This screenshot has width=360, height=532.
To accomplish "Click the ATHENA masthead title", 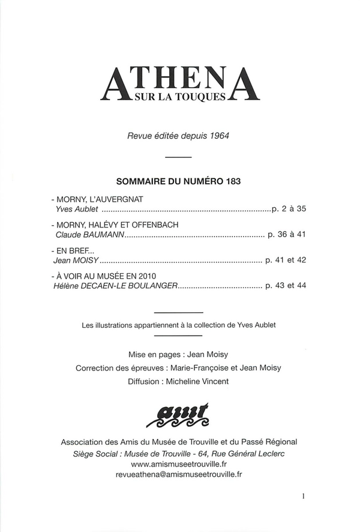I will (179, 83).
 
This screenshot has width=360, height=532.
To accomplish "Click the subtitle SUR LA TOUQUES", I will (179, 95).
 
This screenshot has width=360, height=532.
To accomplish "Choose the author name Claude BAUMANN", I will (89, 235).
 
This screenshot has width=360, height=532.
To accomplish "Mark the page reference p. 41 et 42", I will (286, 261).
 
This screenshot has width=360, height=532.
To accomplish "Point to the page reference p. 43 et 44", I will (286, 286).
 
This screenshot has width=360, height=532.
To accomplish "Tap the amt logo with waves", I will (180, 414).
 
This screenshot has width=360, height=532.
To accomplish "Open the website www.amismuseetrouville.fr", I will (179, 464).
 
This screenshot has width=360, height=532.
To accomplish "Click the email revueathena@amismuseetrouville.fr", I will (179, 474).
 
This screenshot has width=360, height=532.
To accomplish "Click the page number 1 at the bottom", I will (304, 497).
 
